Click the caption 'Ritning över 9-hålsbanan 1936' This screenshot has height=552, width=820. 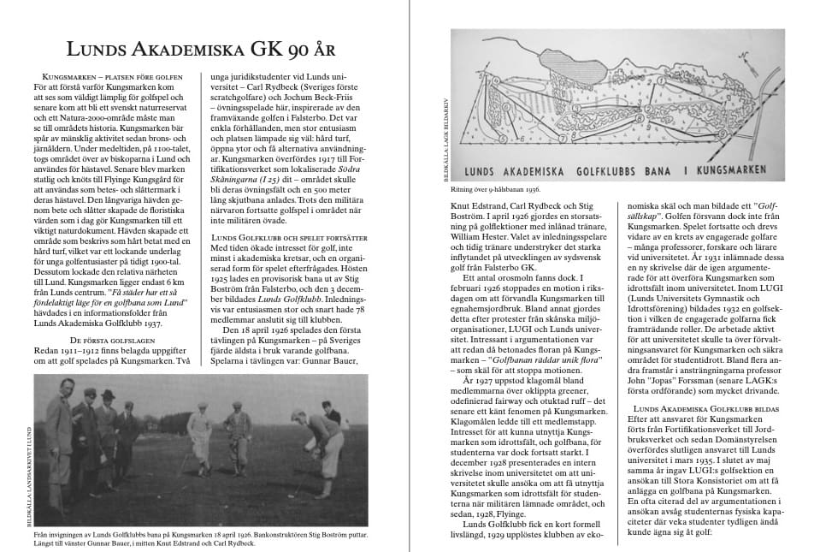pos(496,188)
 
